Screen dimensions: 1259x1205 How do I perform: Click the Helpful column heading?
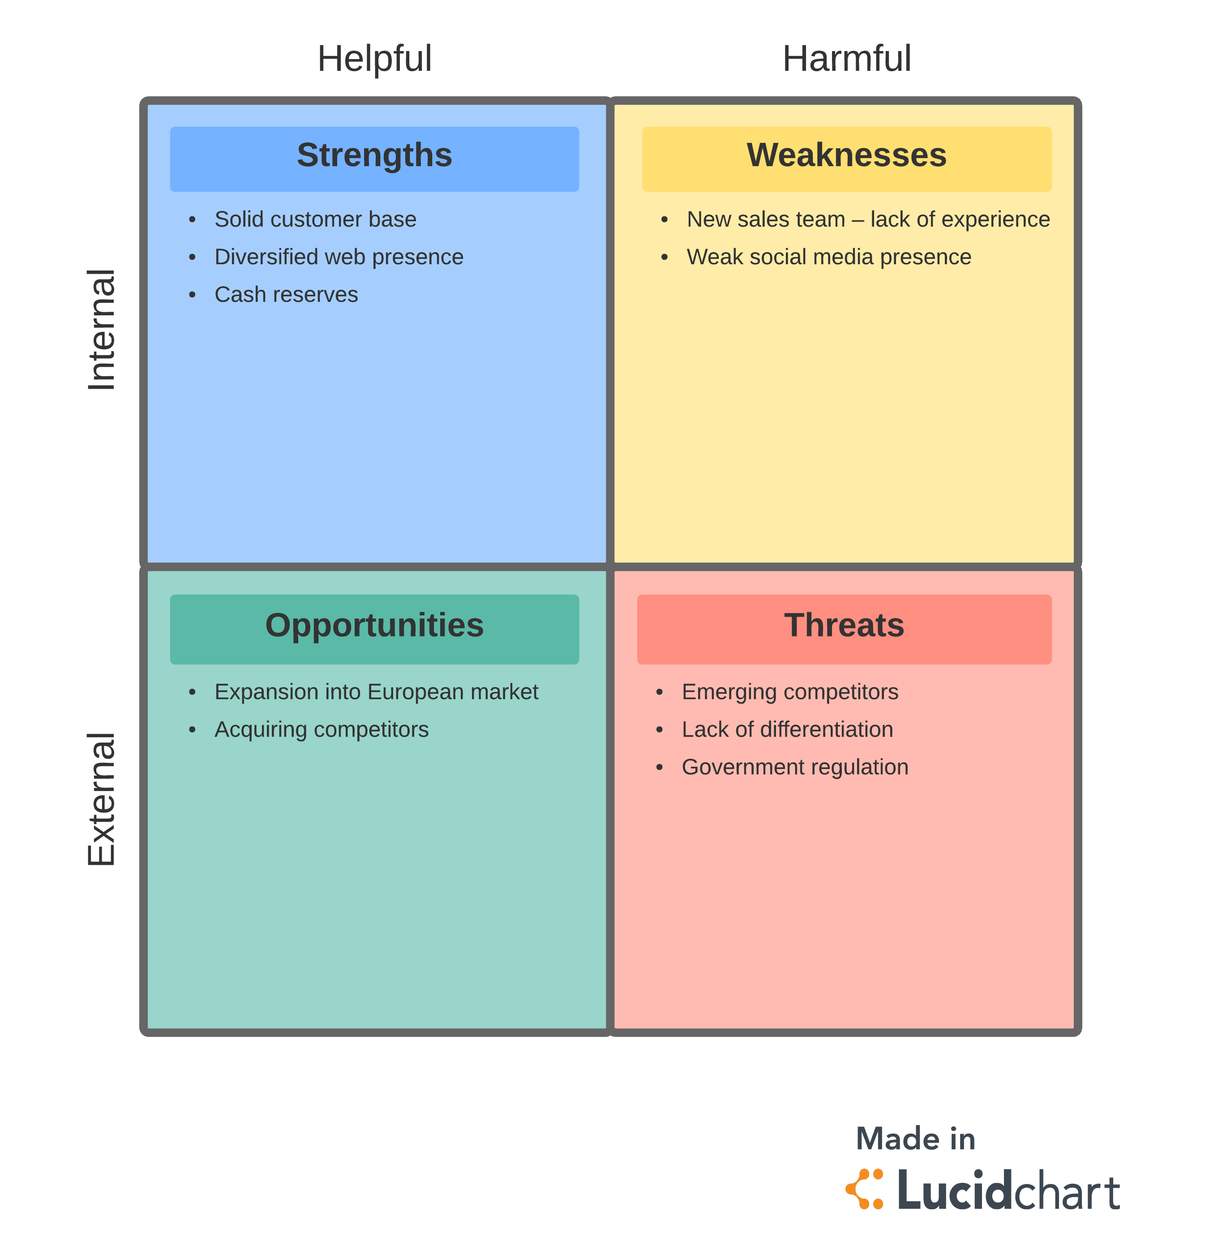pyautogui.click(x=374, y=59)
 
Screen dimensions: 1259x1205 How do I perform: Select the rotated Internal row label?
pyautogui.click(x=102, y=330)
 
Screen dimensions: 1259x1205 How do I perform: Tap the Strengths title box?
pyautogui.click(x=374, y=159)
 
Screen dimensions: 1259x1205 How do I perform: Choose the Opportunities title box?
pyautogui.click(x=374, y=628)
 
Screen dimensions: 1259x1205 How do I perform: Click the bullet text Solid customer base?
pyautogui.click(x=315, y=219)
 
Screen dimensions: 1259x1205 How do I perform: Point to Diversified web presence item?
pyautogui.click(x=339, y=257)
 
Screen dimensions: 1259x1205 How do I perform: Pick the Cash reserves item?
pyautogui.click(x=286, y=295)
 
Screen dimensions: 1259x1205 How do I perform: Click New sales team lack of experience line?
pyautogui.click(x=868, y=219)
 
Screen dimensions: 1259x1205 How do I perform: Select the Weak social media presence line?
pyautogui.click(x=828, y=257)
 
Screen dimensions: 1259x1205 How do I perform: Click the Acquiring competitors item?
pyautogui.click(x=321, y=730)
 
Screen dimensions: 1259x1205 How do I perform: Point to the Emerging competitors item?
pyautogui.click(x=789, y=692)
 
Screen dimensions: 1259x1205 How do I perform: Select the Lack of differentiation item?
pyautogui.click(x=787, y=730)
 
